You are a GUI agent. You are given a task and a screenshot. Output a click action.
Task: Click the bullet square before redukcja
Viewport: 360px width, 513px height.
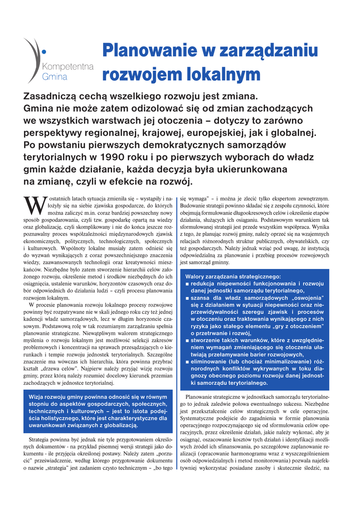[187, 284]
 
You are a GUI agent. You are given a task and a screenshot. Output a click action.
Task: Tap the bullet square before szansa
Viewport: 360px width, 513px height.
[187, 298]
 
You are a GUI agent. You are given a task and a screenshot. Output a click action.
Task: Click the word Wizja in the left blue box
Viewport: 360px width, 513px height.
[40, 397]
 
